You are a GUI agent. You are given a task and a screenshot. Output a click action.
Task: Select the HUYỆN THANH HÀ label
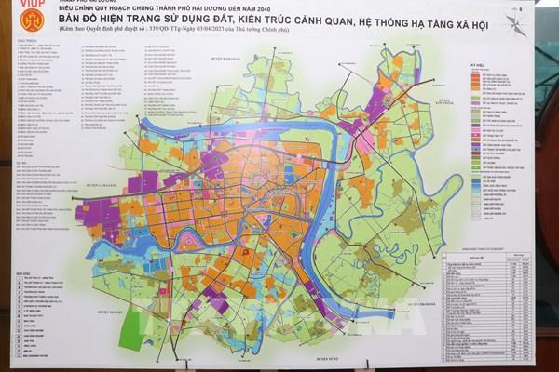click(x=421, y=302)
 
